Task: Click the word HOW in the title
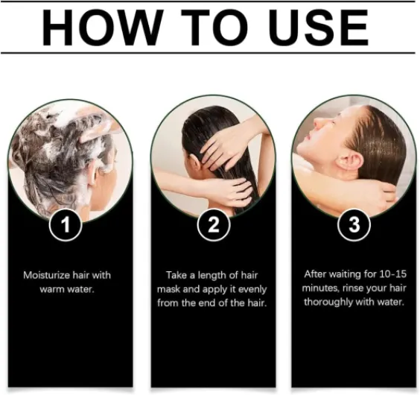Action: coord(103,28)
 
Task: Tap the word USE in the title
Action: coord(319,28)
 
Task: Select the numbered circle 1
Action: coord(66,225)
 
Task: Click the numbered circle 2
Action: coord(214,225)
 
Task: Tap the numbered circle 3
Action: coord(354,225)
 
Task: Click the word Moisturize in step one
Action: coord(46,276)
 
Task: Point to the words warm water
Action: coord(67,290)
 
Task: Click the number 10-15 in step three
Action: coord(392,274)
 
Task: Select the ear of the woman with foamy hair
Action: coord(92,175)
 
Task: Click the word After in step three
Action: coord(315,274)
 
